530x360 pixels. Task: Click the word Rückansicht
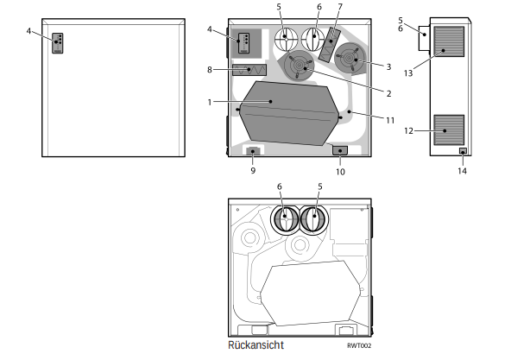[256, 344]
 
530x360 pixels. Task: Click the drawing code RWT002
[359, 345]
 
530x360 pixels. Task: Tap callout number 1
[209, 102]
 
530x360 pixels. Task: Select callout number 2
[388, 93]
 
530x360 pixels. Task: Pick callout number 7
[340, 7]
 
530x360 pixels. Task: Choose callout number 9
[253, 171]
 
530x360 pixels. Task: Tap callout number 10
[340, 171]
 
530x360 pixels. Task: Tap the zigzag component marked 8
[249, 69]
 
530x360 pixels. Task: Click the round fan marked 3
[352, 57]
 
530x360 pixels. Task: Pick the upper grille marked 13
[448, 41]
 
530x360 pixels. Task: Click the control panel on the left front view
[58, 43]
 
